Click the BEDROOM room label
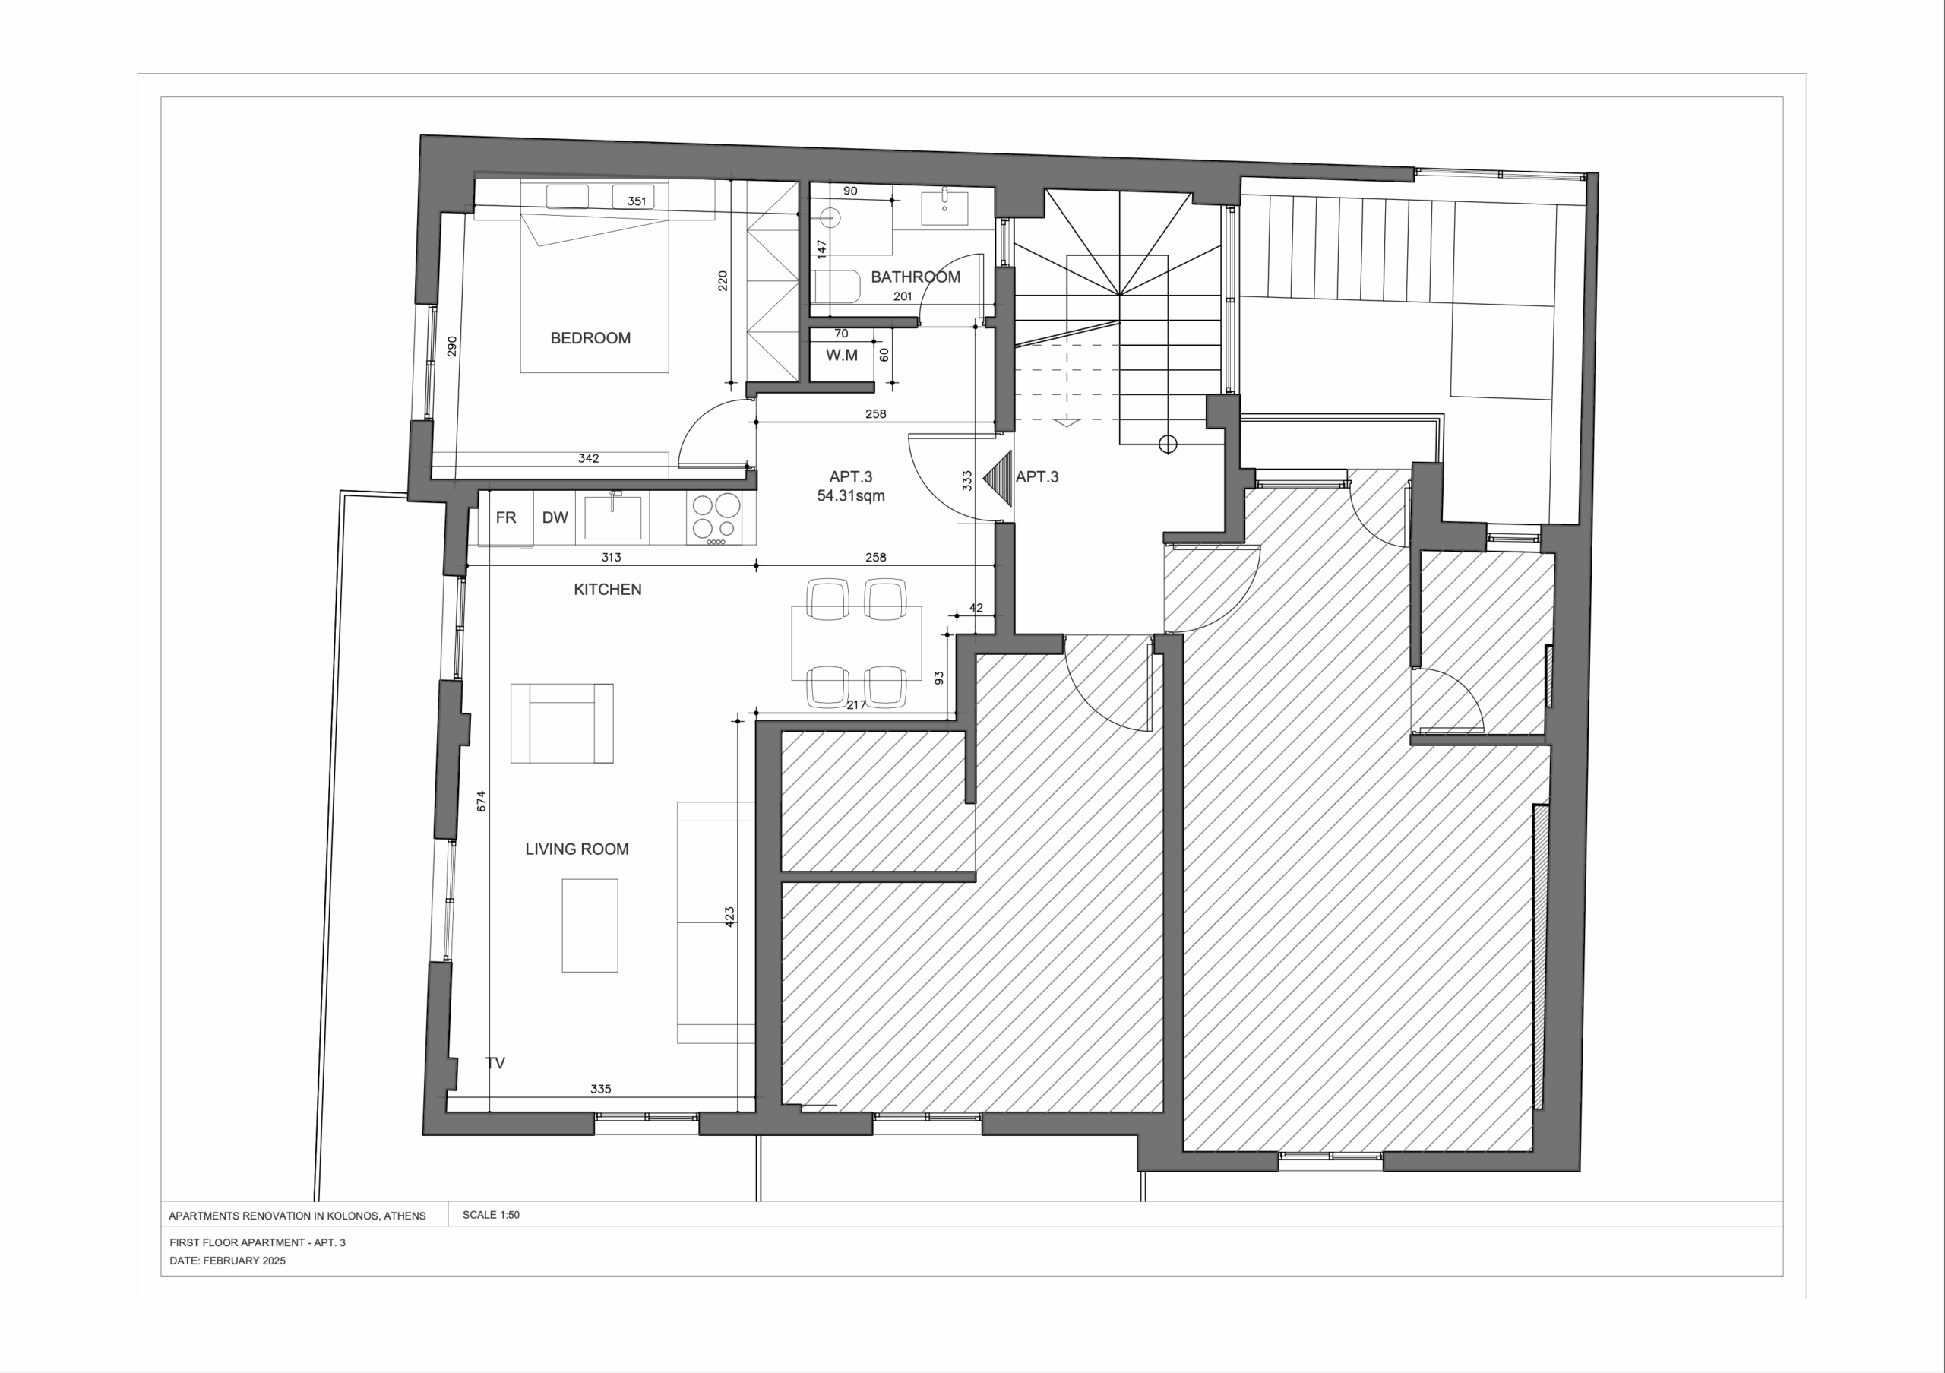click(590, 338)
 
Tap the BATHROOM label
click(915, 277)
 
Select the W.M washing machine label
click(842, 356)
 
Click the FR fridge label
click(506, 517)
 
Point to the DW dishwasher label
click(555, 517)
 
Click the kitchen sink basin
click(613, 517)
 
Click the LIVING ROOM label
click(577, 849)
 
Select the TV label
click(495, 1063)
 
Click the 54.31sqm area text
click(850, 495)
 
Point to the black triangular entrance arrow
click(998, 479)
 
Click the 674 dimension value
click(481, 802)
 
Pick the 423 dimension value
click(729, 917)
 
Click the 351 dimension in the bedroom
click(636, 201)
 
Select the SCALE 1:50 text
click(492, 1215)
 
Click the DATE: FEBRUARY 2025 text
click(227, 1261)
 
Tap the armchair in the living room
click(561, 723)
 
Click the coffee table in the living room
click(590, 925)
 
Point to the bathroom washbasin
click(944, 207)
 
